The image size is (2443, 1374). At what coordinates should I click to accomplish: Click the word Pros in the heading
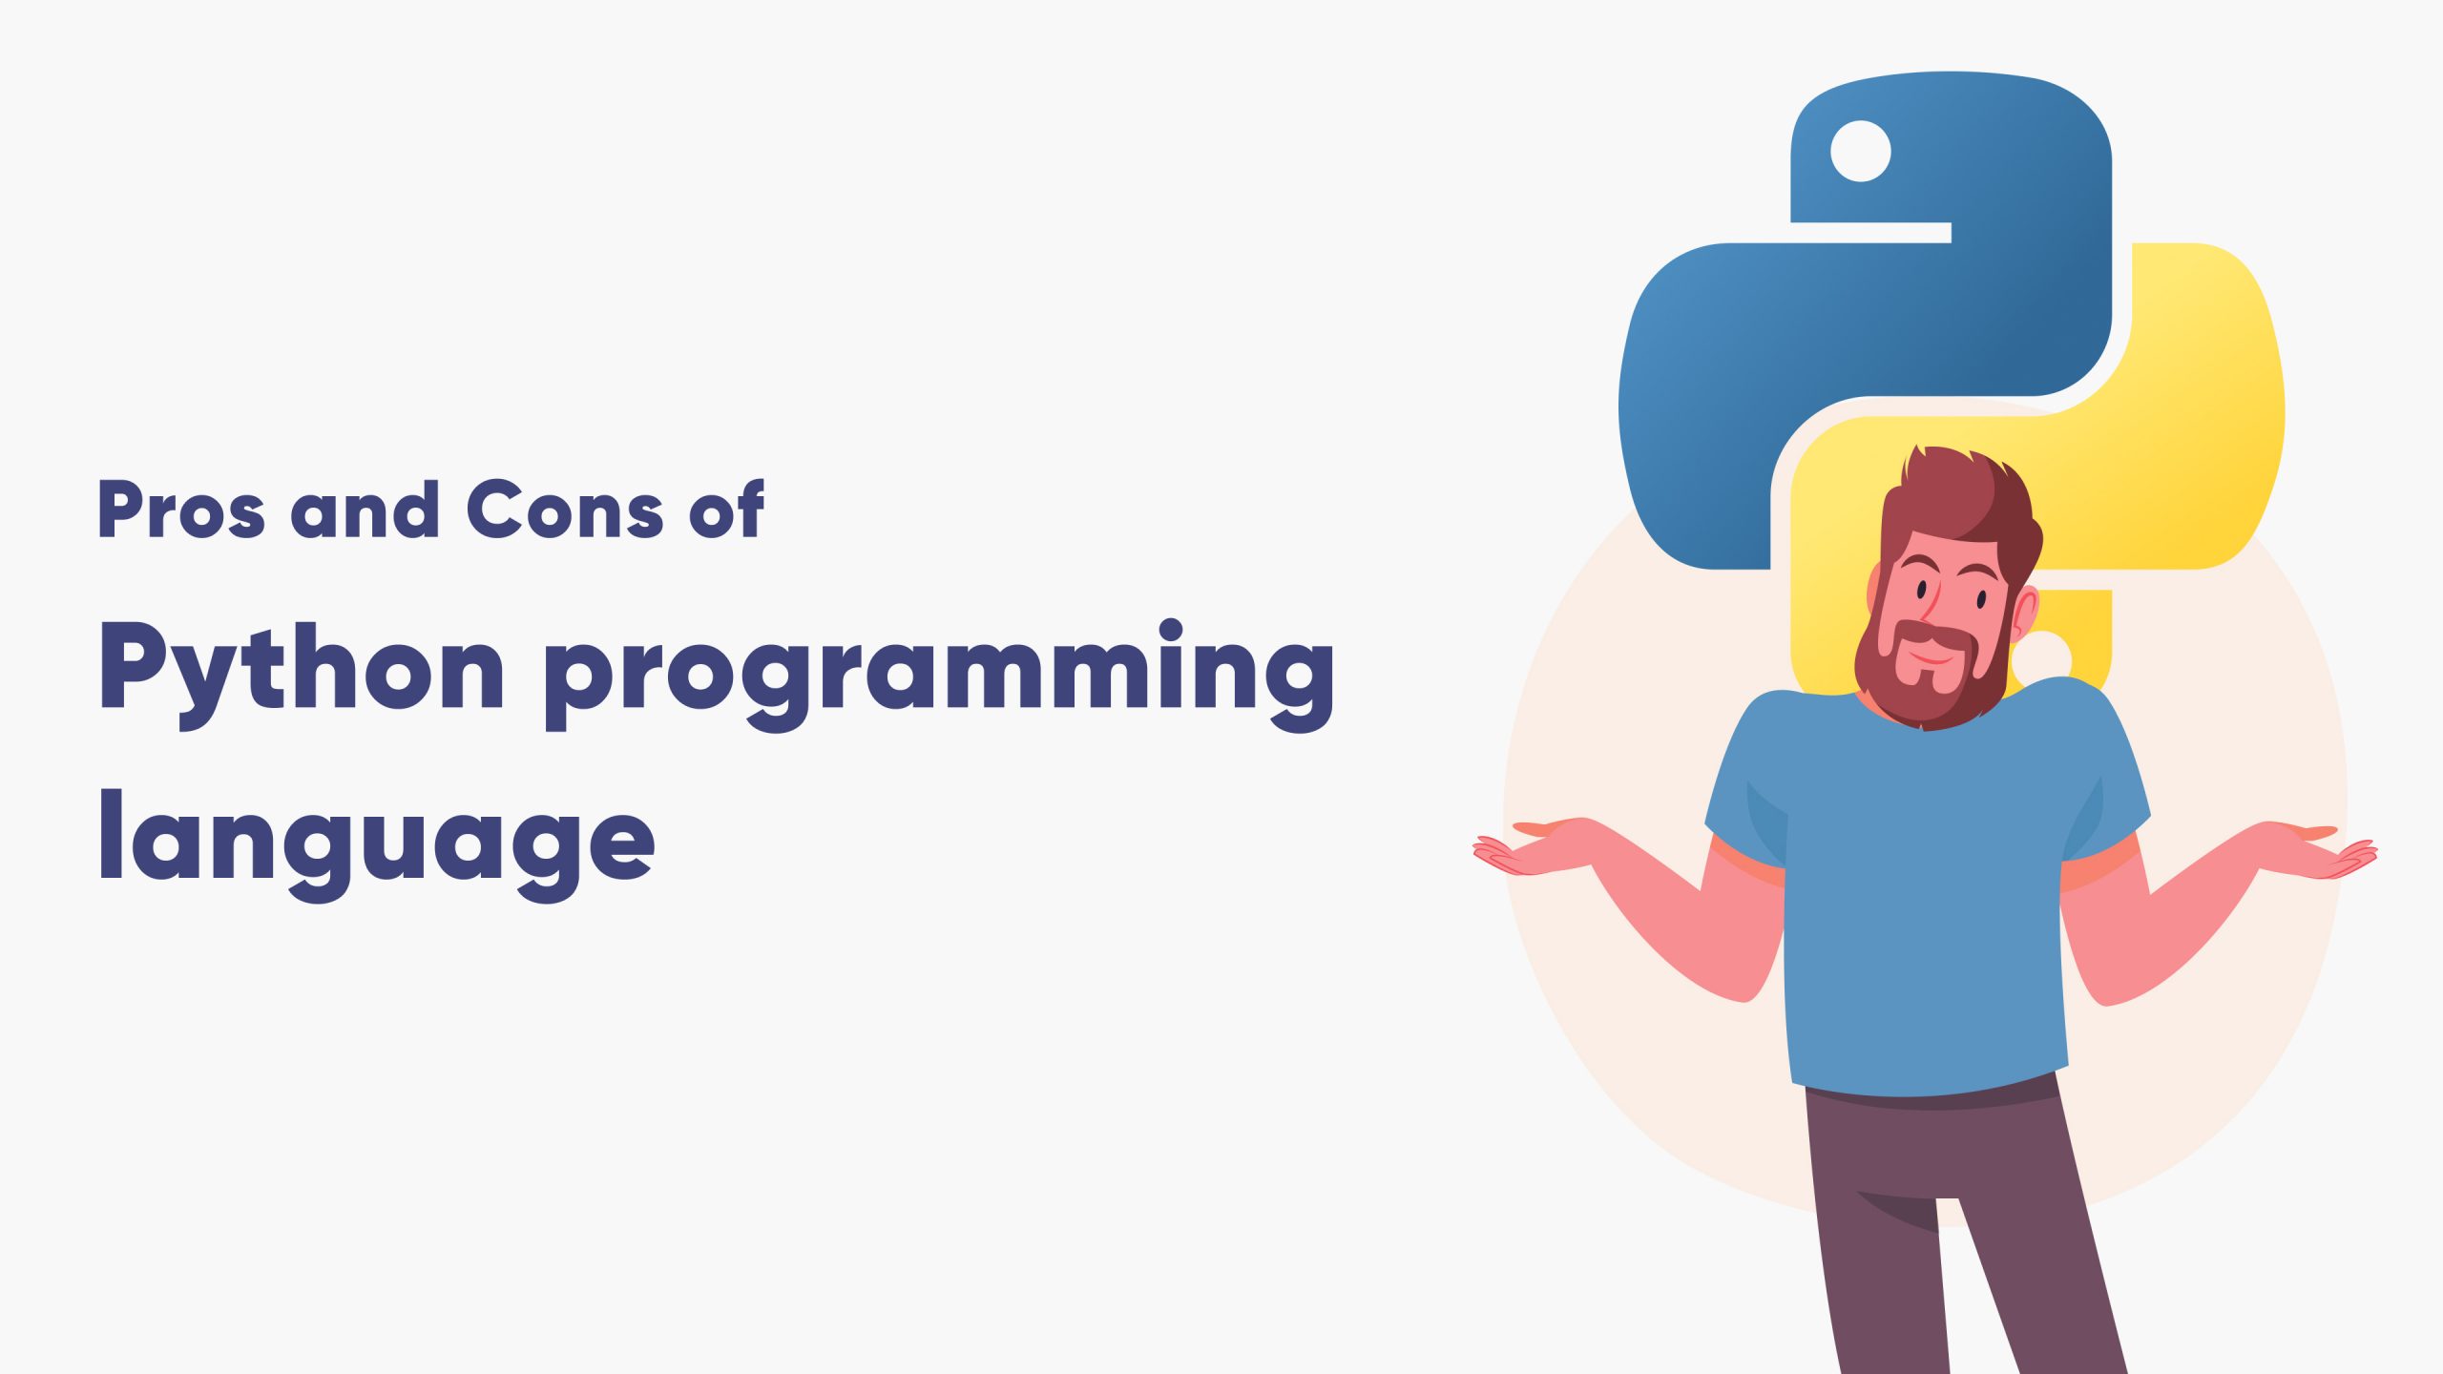coord(181,510)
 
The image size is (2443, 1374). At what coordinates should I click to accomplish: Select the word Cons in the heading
coord(564,510)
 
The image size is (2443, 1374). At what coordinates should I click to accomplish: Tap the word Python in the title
coord(302,668)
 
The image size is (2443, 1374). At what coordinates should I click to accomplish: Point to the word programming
coord(939,673)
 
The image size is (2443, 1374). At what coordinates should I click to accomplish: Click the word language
coord(377,840)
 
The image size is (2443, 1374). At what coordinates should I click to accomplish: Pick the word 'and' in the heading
coord(365,510)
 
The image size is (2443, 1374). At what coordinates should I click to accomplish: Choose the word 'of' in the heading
coord(727,510)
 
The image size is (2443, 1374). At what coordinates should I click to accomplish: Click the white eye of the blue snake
coord(1860,151)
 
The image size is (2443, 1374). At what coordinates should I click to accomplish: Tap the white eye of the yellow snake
coord(2045,657)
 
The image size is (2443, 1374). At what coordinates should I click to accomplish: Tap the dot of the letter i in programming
coord(1171,631)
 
